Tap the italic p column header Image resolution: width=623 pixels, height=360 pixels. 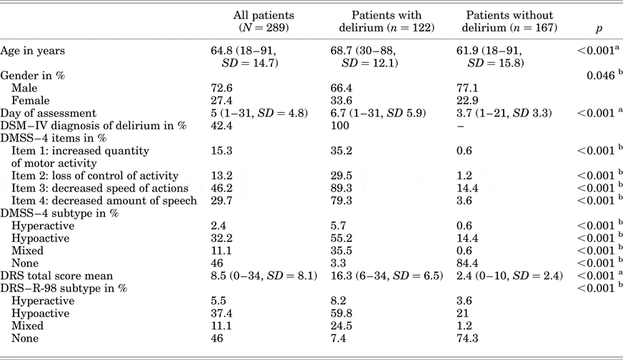(x=598, y=28)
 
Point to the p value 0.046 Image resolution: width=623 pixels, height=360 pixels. (x=601, y=75)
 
